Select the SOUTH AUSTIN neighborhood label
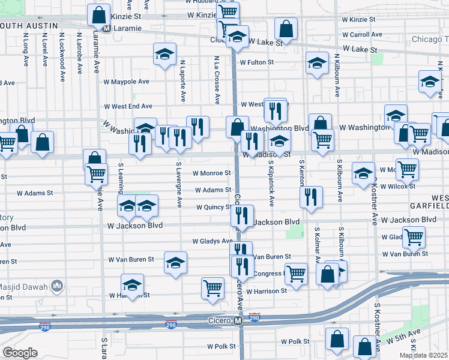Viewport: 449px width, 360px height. coord(29,26)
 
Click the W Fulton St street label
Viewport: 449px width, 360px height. coord(256,62)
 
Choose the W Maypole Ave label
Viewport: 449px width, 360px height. coord(126,82)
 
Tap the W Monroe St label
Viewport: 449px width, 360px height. coord(211,173)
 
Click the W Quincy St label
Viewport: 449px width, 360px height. coord(214,208)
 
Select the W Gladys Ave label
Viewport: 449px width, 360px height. coord(212,241)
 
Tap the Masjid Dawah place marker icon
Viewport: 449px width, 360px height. coord(58,284)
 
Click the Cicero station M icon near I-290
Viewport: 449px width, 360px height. coord(238,322)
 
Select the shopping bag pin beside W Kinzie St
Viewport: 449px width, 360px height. coord(98,14)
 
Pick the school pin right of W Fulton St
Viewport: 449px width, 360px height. coord(317,63)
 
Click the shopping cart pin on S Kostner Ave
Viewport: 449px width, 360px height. coord(414,236)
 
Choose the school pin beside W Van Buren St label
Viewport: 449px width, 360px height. coord(175,262)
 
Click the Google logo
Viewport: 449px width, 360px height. coord(20,353)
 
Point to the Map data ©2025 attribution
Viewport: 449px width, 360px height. coord(424,355)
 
